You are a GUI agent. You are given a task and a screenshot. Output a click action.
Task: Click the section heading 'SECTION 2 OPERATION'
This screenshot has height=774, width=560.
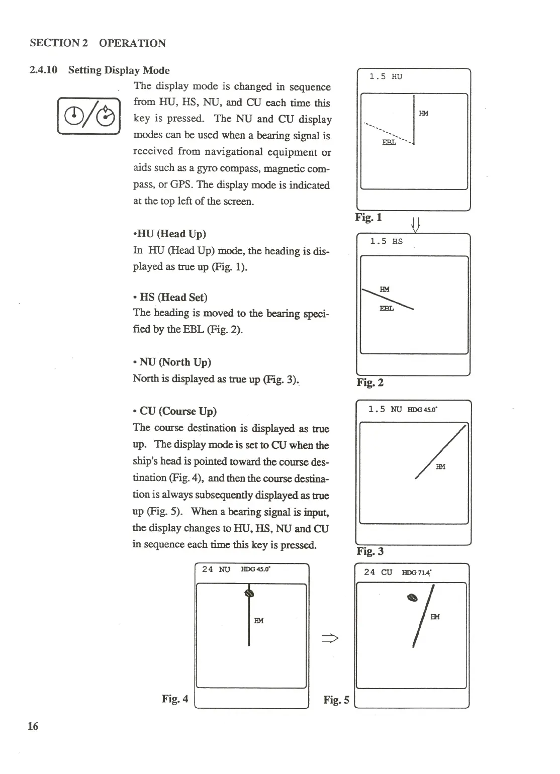(x=98, y=43)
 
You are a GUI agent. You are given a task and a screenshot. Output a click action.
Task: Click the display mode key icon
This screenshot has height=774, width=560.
(x=88, y=116)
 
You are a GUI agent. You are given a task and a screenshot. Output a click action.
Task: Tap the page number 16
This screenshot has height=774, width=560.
(x=33, y=726)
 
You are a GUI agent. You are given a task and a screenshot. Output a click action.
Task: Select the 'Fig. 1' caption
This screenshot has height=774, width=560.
(x=368, y=217)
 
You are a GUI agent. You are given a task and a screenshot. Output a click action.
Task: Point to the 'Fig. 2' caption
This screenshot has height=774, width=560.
(x=370, y=382)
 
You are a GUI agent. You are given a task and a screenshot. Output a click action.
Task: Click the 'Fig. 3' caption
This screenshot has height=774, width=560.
(x=370, y=551)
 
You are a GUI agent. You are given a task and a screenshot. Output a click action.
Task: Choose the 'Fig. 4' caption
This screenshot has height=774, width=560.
(x=175, y=699)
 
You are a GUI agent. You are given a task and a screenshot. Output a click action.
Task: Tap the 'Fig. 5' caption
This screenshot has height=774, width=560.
(x=336, y=700)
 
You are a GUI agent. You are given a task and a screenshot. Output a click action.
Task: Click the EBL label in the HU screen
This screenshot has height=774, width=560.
(x=389, y=142)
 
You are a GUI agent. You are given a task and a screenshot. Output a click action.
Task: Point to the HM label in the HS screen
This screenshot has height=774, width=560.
(x=385, y=289)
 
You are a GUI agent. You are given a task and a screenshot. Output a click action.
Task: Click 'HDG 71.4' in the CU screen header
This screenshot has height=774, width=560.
(x=417, y=572)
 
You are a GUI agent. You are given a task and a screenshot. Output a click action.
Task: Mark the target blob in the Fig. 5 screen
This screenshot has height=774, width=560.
(x=412, y=598)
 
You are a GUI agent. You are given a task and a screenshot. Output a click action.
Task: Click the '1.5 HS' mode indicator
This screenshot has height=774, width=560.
(x=386, y=241)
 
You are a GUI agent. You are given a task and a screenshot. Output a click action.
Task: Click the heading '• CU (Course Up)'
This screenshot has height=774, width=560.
(x=174, y=411)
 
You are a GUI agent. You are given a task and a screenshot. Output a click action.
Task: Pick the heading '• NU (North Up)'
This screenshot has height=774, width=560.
(x=172, y=362)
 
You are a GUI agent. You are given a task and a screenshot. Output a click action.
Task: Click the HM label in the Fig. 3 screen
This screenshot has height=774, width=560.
(x=440, y=466)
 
